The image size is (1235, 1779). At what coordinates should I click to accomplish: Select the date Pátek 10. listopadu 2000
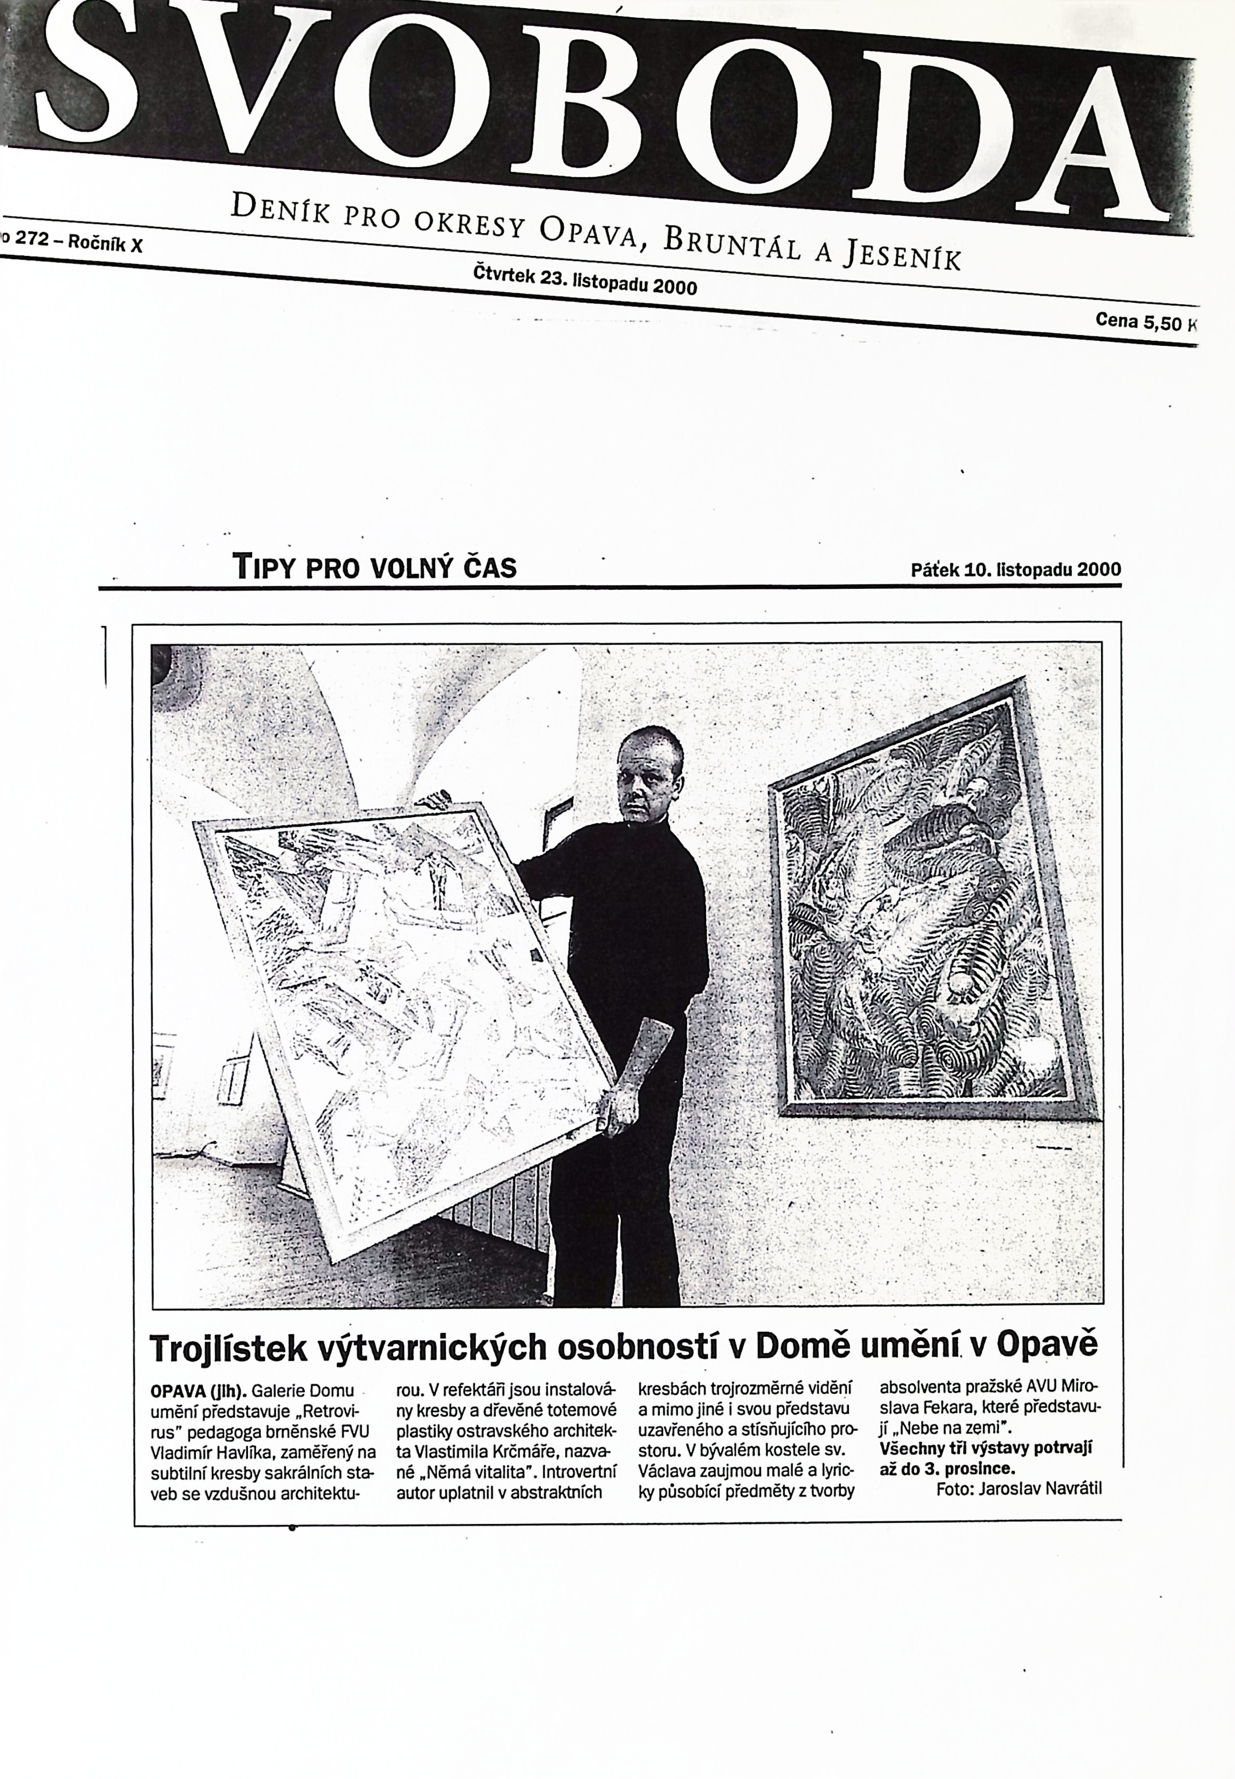click(1015, 570)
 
